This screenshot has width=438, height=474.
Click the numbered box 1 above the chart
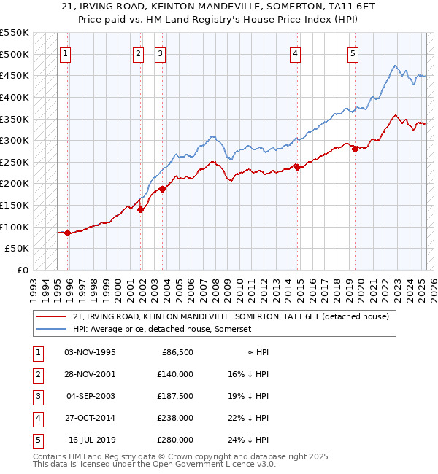coord(65,53)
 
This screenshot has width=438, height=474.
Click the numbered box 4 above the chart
coord(295,53)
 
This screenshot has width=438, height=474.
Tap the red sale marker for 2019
coord(355,149)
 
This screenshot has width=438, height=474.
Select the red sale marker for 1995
coord(67,233)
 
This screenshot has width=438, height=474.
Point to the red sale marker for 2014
coord(297,167)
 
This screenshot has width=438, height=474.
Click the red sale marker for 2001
coord(140,209)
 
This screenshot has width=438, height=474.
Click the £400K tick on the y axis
coord(15,97)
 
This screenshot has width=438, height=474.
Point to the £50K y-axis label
coord(18,249)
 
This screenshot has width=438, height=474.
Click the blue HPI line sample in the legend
coord(52,330)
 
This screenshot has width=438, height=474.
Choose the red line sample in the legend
coord(52,316)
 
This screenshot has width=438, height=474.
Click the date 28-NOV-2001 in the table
coord(90,374)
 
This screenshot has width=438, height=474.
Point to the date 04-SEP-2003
coord(91,396)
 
